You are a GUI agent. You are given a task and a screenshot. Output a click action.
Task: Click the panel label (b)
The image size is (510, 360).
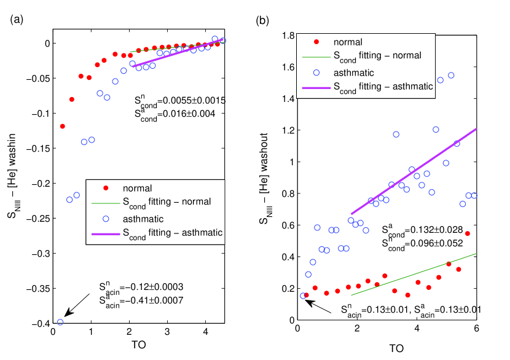point(262,20)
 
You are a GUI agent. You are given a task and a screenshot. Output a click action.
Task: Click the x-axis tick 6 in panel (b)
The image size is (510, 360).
point(477,329)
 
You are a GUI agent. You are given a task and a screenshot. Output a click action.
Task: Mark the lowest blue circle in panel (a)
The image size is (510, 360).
point(60,322)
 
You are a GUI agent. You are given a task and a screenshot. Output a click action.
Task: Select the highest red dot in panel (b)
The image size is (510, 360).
point(468,233)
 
